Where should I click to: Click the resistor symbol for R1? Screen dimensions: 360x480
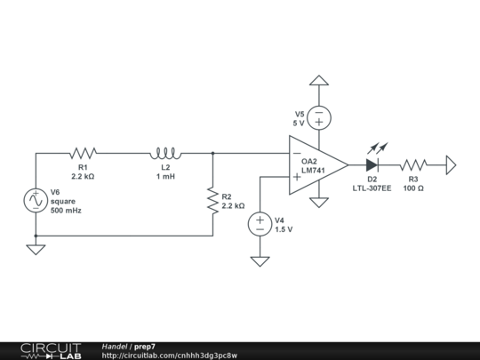click(x=83, y=153)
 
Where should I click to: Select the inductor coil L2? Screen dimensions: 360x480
click(x=166, y=153)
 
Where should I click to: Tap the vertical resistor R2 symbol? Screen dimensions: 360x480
click(x=213, y=200)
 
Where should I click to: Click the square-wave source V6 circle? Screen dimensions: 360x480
click(x=36, y=201)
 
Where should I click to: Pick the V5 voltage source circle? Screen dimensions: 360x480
click(x=319, y=116)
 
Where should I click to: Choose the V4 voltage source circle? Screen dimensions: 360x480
click(x=260, y=224)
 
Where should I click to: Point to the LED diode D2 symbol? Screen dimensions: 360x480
click(x=372, y=164)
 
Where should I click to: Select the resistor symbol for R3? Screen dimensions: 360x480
click(x=413, y=164)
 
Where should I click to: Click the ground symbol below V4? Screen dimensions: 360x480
click(x=260, y=261)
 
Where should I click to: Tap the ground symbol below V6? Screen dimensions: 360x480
click(x=36, y=249)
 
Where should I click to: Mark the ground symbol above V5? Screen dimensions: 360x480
click(x=319, y=81)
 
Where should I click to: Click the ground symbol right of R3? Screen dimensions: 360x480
click(x=451, y=164)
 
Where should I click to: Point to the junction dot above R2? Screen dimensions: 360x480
click(x=213, y=153)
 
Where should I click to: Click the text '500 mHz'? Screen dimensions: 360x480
click(x=66, y=211)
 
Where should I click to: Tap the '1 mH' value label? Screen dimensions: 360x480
click(x=166, y=177)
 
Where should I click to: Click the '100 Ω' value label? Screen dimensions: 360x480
click(x=413, y=188)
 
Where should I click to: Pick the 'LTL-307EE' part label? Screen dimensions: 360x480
click(x=372, y=188)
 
